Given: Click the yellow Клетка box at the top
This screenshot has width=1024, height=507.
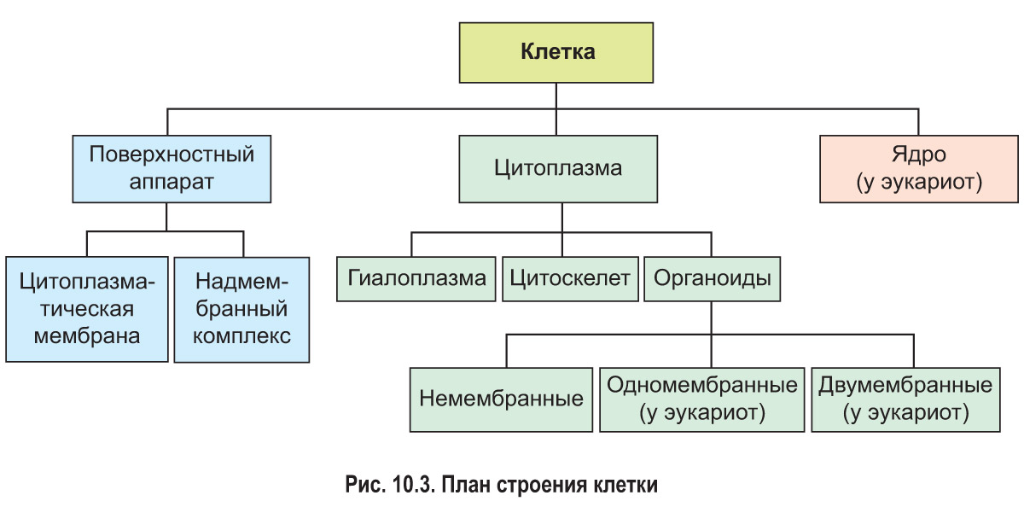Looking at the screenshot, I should click(x=557, y=51).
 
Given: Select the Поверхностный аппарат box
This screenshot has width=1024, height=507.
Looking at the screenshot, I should click(x=172, y=169).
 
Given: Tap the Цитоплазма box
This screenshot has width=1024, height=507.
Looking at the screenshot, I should click(x=558, y=168).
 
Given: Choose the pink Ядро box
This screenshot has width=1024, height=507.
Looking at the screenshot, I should click(x=920, y=169).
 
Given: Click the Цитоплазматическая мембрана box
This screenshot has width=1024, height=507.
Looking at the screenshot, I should click(x=86, y=308).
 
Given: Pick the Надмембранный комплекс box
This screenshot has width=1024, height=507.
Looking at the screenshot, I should click(x=241, y=308).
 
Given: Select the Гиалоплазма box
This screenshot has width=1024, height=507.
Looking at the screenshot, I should click(x=416, y=278).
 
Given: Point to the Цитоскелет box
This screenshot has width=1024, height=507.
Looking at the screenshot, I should click(x=570, y=278).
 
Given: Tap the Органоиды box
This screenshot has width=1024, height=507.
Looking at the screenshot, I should click(x=713, y=278).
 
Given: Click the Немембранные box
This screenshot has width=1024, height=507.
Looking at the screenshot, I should click(x=501, y=399).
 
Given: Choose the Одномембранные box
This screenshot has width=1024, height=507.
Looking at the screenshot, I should click(x=702, y=399).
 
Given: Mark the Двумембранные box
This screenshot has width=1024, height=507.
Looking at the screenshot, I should click(x=905, y=399).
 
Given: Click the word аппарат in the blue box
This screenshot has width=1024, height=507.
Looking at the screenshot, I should click(x=172, y=182).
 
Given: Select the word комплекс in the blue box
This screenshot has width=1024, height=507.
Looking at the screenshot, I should click(x=241, y=335).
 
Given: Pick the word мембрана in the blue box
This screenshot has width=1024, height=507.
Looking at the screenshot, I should click(x=86, y=335).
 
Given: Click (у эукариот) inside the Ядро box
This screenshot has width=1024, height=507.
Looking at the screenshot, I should click(x=920, y=182).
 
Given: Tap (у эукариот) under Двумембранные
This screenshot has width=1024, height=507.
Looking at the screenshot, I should click(x=905, y=413).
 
